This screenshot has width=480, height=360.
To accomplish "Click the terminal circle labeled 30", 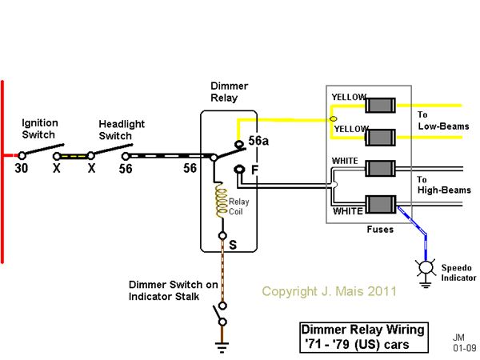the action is coord(22,155).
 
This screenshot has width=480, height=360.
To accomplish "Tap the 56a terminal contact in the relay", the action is coord(238,144).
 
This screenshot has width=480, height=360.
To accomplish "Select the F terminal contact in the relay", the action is coord(239,169).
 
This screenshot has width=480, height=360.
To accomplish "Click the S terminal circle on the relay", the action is coord(222,236).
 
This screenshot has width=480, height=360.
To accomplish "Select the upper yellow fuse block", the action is coord(380,106).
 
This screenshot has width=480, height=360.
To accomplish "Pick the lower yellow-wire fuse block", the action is coord(380,138).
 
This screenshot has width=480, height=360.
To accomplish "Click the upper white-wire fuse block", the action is coord(381,169).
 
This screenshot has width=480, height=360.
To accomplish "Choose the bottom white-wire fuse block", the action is coord(381,204).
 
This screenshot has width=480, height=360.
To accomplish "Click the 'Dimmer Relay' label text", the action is coord(230,92).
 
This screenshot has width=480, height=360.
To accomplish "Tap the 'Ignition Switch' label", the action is coord(40,129).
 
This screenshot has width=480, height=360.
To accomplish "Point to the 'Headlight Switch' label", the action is coord(122,130).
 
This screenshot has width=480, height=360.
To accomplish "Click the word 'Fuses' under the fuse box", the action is coord(380,230).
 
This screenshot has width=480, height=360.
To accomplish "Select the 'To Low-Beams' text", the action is coord(443,120).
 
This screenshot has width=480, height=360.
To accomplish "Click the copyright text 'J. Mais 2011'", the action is coord(359,291).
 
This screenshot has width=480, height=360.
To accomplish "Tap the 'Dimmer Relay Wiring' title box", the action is coord(364,338).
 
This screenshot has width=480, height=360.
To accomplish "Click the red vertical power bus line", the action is coord(2,171).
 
